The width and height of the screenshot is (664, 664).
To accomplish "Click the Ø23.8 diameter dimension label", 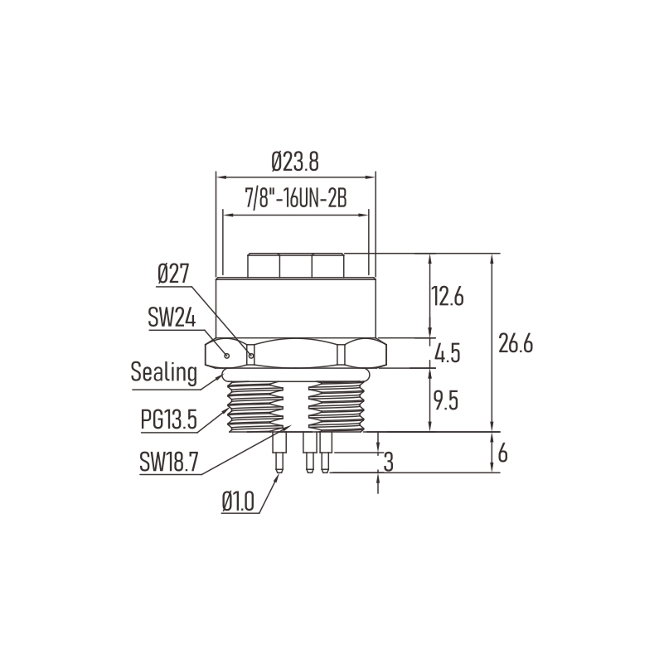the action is click(x=295, y=162).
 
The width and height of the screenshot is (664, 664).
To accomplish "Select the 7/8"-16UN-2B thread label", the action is click(x=296, y=198).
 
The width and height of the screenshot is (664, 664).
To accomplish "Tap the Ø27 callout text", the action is click(x=172, y=274).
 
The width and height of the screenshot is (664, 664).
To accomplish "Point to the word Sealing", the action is click(x=164, y=372).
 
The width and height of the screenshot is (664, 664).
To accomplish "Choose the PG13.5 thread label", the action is click(x=169, y=419).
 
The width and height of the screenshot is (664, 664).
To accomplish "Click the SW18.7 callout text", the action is click(x=168, y=462).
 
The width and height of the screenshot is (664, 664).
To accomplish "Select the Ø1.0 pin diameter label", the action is click(x=238, y=502).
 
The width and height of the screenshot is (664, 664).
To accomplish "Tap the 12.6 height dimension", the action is click(x=447, y=296).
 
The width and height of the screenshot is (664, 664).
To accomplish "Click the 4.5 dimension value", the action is click(x=448, y=353).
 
